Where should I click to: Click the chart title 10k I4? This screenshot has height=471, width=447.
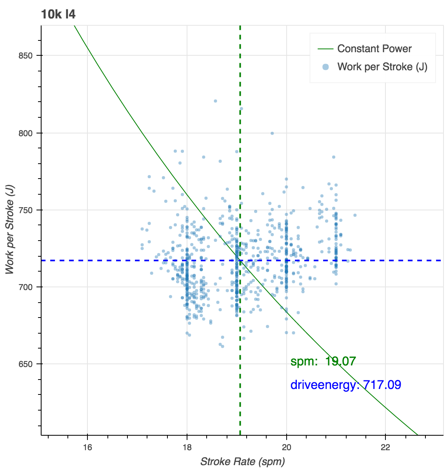58,15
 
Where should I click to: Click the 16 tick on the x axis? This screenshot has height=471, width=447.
87,448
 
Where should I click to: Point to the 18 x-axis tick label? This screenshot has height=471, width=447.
187,448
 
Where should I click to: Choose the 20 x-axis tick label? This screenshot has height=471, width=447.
287,448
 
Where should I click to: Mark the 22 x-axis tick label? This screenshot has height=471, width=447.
386,448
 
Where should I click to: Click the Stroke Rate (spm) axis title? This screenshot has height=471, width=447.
242,462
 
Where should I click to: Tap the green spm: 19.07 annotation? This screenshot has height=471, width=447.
323,361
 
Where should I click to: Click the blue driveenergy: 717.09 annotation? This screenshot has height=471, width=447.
345,385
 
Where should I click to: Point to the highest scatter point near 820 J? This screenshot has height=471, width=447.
215,101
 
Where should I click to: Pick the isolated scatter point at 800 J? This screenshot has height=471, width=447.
272,133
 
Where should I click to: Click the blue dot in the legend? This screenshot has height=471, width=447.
325,67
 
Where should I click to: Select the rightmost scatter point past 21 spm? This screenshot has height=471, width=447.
355,215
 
